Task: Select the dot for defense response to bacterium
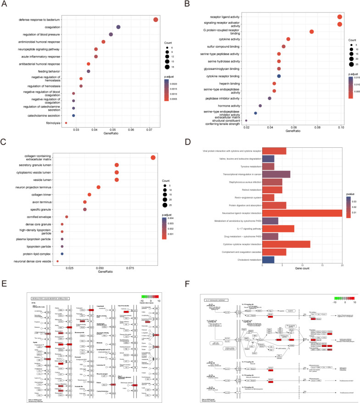point(156,19)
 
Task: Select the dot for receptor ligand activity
point(339,17)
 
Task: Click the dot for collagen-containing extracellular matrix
point(153,158)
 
